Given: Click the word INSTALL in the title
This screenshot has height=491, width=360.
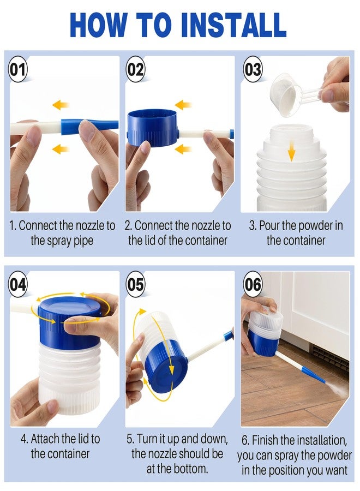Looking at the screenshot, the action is (233, 25).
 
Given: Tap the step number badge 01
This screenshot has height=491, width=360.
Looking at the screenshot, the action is (18, 69).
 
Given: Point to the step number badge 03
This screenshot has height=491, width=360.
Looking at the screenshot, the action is (253, 69).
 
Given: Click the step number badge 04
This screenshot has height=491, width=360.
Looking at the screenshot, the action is (18, 285).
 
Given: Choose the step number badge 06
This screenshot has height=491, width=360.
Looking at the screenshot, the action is (253, 285).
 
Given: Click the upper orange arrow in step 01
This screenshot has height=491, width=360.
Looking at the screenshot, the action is (61, 105).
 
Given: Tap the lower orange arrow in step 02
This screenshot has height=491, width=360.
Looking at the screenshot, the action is (183, 149).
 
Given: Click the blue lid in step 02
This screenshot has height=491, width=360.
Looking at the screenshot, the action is (152, 128).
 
